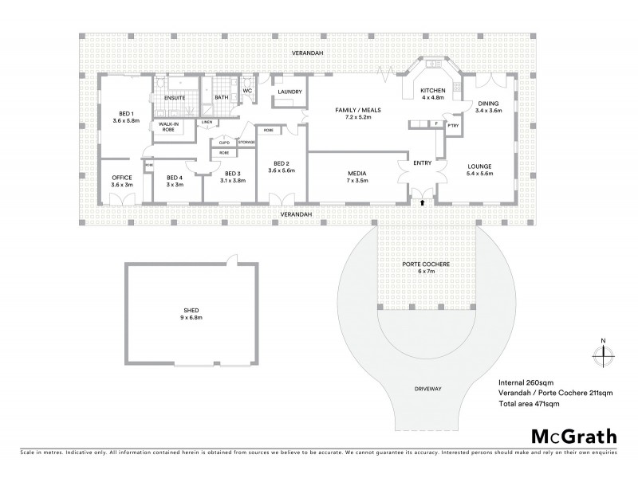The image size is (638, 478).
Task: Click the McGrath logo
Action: pos(573,436)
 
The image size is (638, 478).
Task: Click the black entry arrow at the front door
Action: pos(422,204)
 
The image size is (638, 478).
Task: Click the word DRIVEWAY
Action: pos(428,388)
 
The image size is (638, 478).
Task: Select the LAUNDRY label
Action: pos(289,92)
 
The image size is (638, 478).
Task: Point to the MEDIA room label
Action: pos(356,172)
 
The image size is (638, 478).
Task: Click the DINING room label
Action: pos(488,103)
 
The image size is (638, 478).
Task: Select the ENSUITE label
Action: pos(175,97)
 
